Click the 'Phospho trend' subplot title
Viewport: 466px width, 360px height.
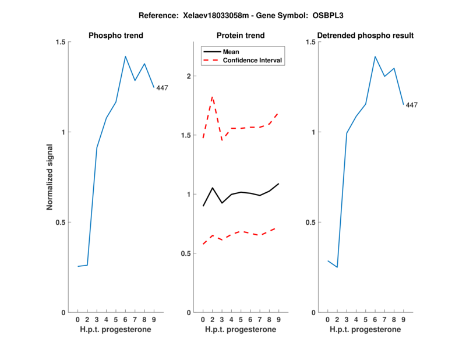coord(116,36)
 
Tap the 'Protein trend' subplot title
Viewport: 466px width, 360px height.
coord(241,36)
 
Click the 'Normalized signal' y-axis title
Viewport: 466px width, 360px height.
coord(50,177)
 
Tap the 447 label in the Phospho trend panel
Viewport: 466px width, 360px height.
coord(162,88)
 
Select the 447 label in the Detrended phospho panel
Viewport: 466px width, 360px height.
coord(412,105)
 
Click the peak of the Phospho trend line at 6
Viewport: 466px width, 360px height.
coord(125,57)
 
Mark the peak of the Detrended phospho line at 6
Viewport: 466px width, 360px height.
coord(375,57)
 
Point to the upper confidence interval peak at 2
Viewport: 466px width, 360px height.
coord(213,97)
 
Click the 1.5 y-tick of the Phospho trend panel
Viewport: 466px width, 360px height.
coord(61,42)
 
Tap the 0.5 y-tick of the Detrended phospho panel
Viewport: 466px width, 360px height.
coord(310,223)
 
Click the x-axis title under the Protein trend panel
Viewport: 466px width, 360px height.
coord(241,330)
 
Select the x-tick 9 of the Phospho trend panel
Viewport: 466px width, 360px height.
coord(154,320)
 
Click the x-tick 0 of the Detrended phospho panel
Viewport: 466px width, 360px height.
coord(327,320)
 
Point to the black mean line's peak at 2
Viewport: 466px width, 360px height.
coord(213,188)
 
